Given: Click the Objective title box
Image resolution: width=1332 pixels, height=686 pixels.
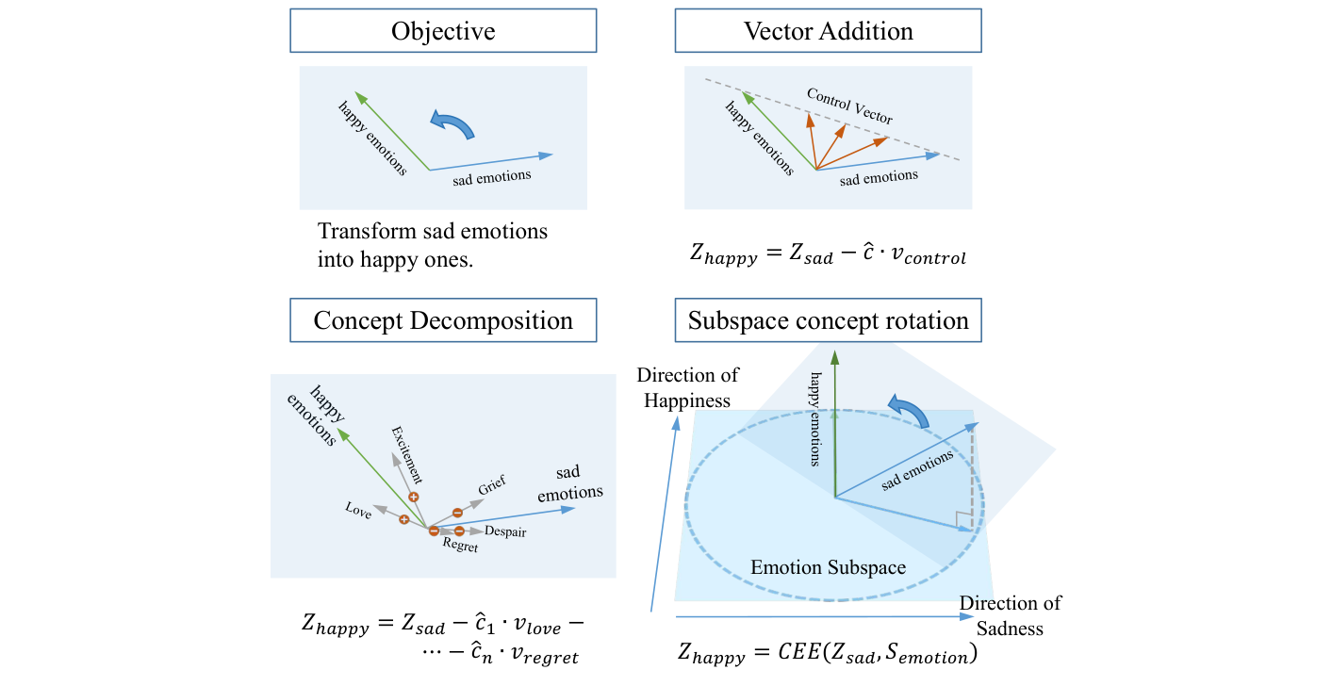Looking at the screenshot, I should click(443, 31).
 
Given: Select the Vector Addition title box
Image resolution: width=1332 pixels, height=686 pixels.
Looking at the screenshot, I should click(828, 31).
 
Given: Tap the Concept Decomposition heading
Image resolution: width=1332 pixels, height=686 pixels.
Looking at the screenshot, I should click(443, 320).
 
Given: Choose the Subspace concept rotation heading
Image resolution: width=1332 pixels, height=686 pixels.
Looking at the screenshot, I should click(828, 320).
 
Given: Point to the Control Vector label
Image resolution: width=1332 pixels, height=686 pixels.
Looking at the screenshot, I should click(849, 106).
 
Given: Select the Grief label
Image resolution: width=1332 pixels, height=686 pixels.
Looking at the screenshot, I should click(491, 486).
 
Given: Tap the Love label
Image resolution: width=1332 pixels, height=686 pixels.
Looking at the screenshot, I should click(358, 509).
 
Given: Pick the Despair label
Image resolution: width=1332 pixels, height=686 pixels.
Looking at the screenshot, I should click(504, 532).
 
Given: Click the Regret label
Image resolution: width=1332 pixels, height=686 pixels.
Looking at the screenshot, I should click(460, 547).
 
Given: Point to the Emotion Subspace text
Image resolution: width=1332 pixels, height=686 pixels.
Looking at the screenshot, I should click(828, 567).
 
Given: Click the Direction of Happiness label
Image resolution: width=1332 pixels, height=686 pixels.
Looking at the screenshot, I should click(687, 387).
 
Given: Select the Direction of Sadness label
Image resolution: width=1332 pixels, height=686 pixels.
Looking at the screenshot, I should click(1010, 614).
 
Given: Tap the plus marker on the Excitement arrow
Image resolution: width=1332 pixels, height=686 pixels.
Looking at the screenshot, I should click(413, 497).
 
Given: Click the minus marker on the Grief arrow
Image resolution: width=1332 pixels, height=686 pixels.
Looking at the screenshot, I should click(457, 513).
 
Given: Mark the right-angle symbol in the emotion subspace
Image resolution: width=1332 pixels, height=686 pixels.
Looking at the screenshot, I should click(962, 519).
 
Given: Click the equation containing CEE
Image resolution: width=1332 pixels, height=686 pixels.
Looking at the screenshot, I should click(828, 652).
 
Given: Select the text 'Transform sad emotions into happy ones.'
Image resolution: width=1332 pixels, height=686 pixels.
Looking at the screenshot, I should click(433, 245).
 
